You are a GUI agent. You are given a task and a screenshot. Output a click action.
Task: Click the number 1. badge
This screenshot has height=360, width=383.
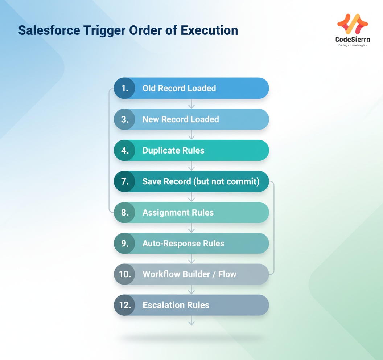point(125,88)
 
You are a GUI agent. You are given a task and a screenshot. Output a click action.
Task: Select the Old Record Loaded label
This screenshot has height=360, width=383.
point(179,88)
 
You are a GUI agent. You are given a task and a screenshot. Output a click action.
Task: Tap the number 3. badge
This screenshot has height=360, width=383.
point(125,119)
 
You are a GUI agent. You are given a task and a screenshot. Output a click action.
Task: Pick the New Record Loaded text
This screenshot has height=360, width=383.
point(181,119)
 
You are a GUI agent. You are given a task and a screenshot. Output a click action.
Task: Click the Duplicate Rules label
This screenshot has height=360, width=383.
point(173,150)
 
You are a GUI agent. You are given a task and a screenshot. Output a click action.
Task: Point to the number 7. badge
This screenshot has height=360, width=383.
point(125,181)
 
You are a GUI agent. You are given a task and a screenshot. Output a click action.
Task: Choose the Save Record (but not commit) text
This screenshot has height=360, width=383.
point(201,181)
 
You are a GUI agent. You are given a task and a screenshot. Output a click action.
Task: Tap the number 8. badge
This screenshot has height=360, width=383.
point(125,212)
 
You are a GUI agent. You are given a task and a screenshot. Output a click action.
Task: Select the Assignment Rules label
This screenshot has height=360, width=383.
point(178,212)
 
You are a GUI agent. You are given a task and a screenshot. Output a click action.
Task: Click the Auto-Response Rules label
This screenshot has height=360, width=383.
point(183,243)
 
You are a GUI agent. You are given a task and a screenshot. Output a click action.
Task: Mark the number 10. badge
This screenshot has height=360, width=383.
point(125,274)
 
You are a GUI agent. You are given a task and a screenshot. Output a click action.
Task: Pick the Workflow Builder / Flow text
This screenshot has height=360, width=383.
point(189,274)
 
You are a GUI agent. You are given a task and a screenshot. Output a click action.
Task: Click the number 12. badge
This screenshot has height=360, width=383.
point(125,305)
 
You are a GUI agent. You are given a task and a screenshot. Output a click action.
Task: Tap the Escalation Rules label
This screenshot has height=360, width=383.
point(176,305)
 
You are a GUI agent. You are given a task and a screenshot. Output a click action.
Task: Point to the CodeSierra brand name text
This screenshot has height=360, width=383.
point(353,40)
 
